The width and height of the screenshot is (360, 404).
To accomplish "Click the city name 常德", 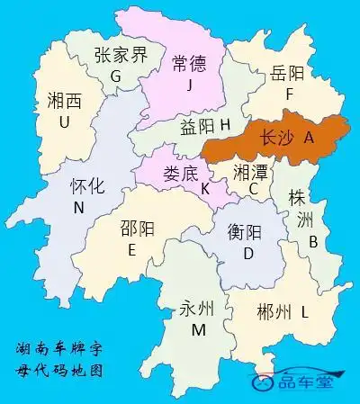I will pyautogui.click(x=189, y=62).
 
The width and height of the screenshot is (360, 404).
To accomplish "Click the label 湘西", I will pyautogui.click(x=64, y=101).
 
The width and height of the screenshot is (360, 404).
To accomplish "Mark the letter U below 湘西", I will pyautogui.click(x=64, y=121).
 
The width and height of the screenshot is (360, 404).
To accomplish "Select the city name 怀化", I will pyautogui.click(x=87, y=187).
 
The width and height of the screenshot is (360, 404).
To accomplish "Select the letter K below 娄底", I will pyautogui.click(x=205, y=189).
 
